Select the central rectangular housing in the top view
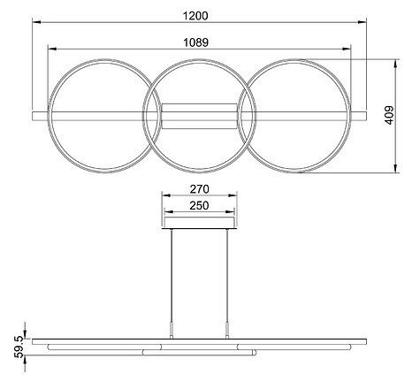[x=199, y=116]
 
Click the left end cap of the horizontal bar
[x=35, y=116]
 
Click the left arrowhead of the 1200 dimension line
[x=35, y=25]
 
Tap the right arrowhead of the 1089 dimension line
[x=350, y=50]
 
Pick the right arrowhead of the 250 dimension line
[x=231, y=215]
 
